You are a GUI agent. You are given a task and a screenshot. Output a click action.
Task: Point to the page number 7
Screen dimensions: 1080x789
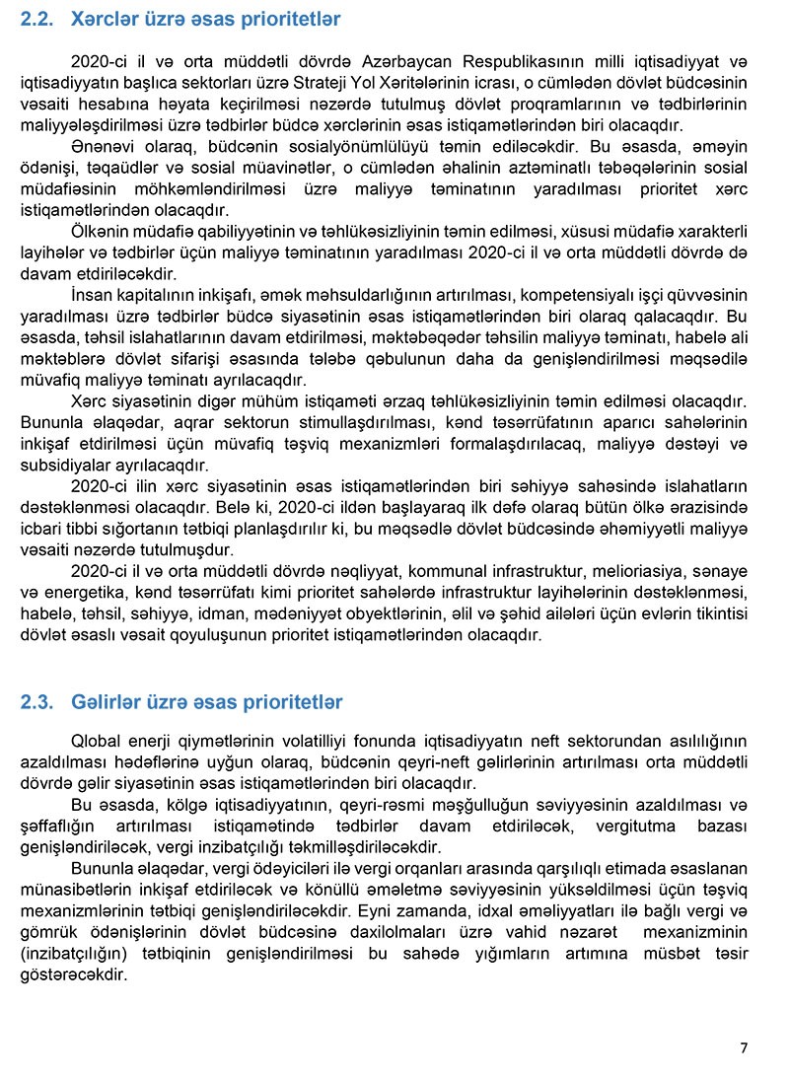click(744, 1047)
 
